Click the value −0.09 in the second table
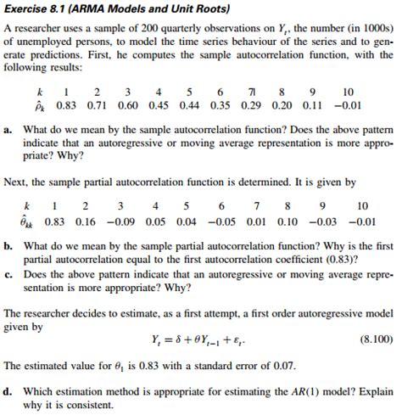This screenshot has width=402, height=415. click(123, 220)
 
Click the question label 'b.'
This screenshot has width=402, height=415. click(8, 245)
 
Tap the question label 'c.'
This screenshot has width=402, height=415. click(8, 275)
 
